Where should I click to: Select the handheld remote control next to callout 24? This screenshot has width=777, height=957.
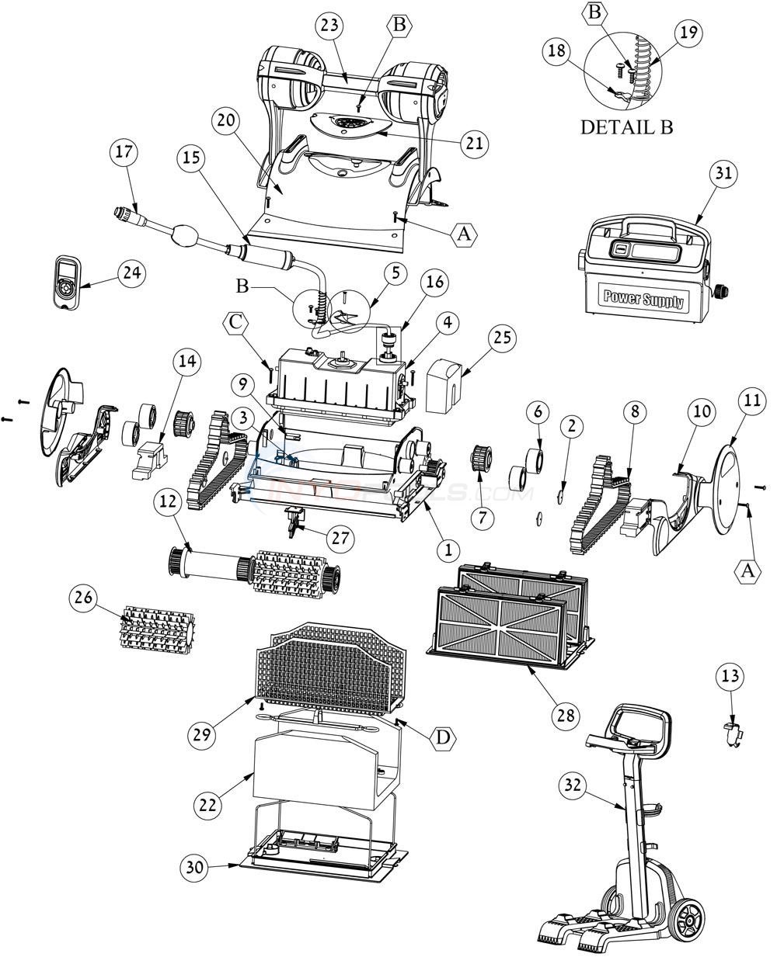pyautogui.click(x=64, y=283)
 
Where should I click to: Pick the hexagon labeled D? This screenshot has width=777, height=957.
pyautogui.click(x=441, y=738)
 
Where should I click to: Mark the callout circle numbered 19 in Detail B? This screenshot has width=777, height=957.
pyautogui.click(x=688, y=33)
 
